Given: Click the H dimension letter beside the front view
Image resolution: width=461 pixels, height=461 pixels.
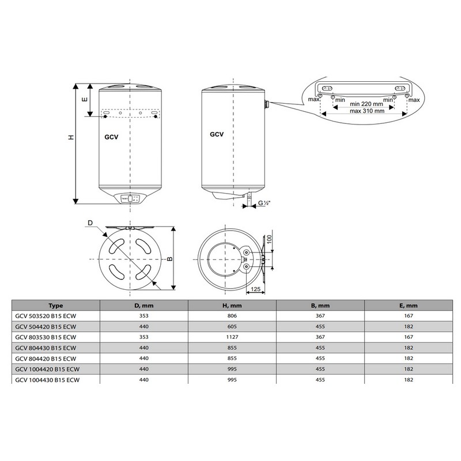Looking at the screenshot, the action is [71, 137].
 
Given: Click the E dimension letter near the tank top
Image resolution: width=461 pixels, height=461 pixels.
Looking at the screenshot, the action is [85, 99].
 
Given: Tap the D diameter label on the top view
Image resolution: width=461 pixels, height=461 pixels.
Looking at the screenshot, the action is [90, 223].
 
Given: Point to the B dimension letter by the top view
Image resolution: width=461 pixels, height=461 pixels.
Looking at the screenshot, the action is [169, 259].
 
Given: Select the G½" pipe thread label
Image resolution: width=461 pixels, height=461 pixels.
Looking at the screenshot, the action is [264, 203].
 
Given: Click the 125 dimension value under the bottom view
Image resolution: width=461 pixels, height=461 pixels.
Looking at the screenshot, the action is [255, 289].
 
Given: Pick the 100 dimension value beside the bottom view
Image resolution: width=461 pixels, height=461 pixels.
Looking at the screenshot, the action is [269, 239].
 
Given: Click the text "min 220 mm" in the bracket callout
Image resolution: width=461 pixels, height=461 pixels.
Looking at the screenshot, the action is [366, 104].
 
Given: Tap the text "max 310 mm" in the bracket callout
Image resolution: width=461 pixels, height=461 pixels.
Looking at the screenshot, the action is [367, 111].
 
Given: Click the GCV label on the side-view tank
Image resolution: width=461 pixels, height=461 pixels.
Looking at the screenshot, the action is [217, 134].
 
